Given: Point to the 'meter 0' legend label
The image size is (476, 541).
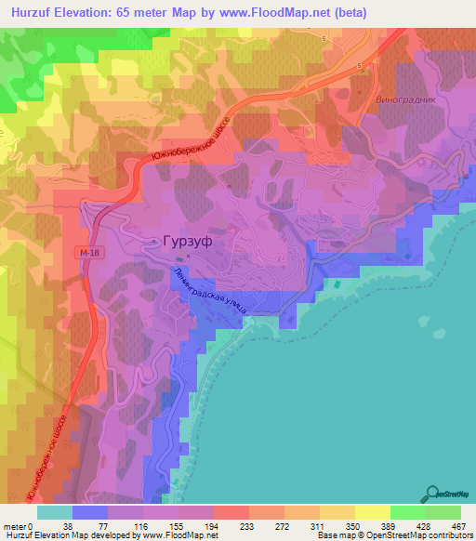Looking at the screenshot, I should click(19, 525).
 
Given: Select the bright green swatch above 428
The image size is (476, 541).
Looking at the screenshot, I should click(407, 512).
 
